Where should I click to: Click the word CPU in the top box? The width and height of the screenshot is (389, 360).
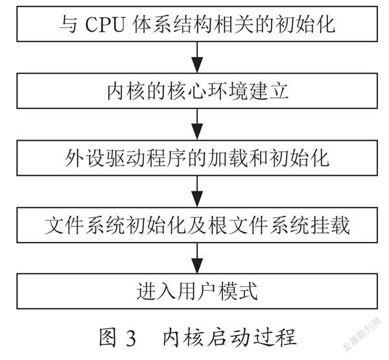104,25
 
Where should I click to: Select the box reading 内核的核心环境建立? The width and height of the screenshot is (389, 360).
197,91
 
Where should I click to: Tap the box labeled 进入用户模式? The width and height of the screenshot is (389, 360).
197,291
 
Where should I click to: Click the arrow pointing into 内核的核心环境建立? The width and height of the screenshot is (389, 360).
197,57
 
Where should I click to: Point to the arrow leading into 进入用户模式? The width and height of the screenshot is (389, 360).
197,258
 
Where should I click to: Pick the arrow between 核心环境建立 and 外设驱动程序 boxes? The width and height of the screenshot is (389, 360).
197,125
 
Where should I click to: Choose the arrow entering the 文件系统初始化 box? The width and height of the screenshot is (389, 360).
197,191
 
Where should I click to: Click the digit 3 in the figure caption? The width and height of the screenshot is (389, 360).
131,338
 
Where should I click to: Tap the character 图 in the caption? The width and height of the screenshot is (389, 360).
108,337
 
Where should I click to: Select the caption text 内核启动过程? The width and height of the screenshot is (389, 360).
230,337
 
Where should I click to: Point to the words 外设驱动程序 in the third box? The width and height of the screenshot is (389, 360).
126,158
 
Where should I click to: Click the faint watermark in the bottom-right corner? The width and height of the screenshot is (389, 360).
362,334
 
